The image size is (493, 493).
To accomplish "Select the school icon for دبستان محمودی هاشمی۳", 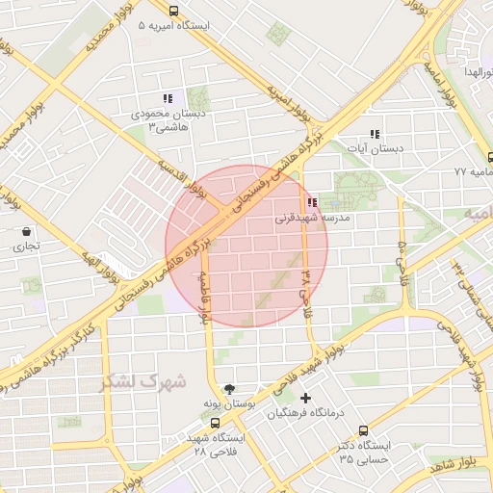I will click(x=168, y=97).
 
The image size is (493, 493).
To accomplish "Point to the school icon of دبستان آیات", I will click(x=375, y=134).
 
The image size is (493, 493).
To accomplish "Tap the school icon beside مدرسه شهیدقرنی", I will click(x=311, y=203).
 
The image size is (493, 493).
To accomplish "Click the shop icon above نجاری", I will click(x=25, y=231).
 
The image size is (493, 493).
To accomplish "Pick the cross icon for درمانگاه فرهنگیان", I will click(x=306, y=398).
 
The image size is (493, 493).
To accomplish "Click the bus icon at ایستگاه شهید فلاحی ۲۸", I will click(x=215, y=422).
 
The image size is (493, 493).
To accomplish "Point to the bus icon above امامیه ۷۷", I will click(x=490, y=156).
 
